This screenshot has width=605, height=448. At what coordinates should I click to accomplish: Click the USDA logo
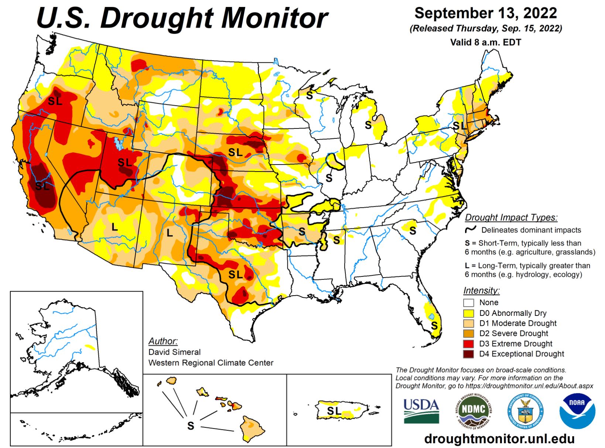pos(421,411)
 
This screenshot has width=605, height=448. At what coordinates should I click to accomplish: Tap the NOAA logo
pos(577,411)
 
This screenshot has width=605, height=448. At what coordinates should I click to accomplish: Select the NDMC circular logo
pos(474,409)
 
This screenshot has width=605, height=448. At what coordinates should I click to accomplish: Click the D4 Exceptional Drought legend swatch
pos(469,354)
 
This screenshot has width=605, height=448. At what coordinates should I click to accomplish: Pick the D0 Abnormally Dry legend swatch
pos(469,313)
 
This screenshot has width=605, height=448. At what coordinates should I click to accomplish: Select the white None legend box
pos(469,303)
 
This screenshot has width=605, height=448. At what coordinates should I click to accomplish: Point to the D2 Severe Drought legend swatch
pos(469,334)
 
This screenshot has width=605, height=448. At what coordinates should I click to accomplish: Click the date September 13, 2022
pos(485,13)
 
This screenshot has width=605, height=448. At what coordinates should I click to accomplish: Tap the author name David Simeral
pos(174,352)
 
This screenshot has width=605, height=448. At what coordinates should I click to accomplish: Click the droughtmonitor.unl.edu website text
pos(499,439)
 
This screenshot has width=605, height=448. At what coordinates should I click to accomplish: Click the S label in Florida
pos(434,325)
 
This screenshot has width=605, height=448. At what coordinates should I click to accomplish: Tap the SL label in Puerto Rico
pos(334,411)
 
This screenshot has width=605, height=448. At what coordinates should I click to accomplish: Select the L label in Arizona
pos(114,227)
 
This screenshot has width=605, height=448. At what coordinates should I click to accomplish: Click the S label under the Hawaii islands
pos(191,426)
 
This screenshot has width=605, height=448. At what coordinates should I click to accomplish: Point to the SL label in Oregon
pos(55,100)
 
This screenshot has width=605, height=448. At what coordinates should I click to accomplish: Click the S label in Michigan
pos(368,125)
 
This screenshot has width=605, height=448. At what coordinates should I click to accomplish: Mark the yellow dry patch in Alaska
pos(90,347)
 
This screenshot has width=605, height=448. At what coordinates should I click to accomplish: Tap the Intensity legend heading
pos(481,290)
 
